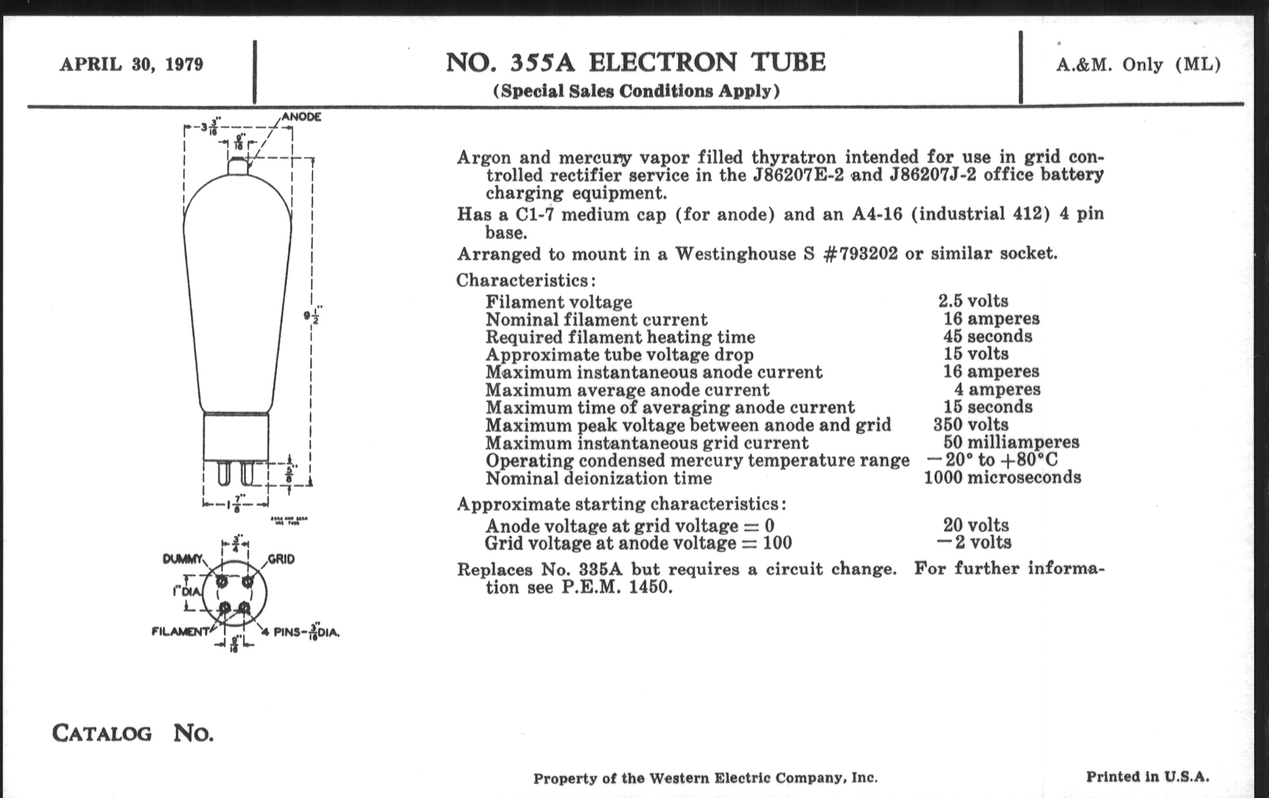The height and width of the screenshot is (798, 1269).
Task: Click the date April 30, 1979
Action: coord(131,65)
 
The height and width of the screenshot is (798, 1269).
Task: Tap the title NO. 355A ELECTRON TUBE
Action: coord(636,63)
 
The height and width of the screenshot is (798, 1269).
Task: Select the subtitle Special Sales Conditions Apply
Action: coord(636,91)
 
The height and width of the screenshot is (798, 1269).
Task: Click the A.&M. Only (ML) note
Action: coord(1139,65)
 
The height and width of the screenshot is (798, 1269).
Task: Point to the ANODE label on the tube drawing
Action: coord(302,117)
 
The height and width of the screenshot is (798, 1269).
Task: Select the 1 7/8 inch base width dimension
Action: coord(236,504)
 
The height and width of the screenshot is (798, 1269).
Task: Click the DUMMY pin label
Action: coord(182,560)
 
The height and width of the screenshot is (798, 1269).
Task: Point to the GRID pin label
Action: coord(281,560)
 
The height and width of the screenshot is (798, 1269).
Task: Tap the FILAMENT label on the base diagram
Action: coord(180,632)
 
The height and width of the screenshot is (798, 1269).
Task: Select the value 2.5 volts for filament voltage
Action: coord(973,301)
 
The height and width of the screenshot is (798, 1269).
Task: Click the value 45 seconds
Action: coord(987,336)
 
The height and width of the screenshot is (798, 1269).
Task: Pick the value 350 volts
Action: coord(971,425)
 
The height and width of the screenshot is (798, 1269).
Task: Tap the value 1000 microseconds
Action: coord(1002,478)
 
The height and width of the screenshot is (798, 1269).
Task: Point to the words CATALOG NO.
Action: coord(133,733)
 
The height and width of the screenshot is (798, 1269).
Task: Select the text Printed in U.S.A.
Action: coord(1147,777)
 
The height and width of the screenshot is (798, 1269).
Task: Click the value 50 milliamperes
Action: coord(1011,442)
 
